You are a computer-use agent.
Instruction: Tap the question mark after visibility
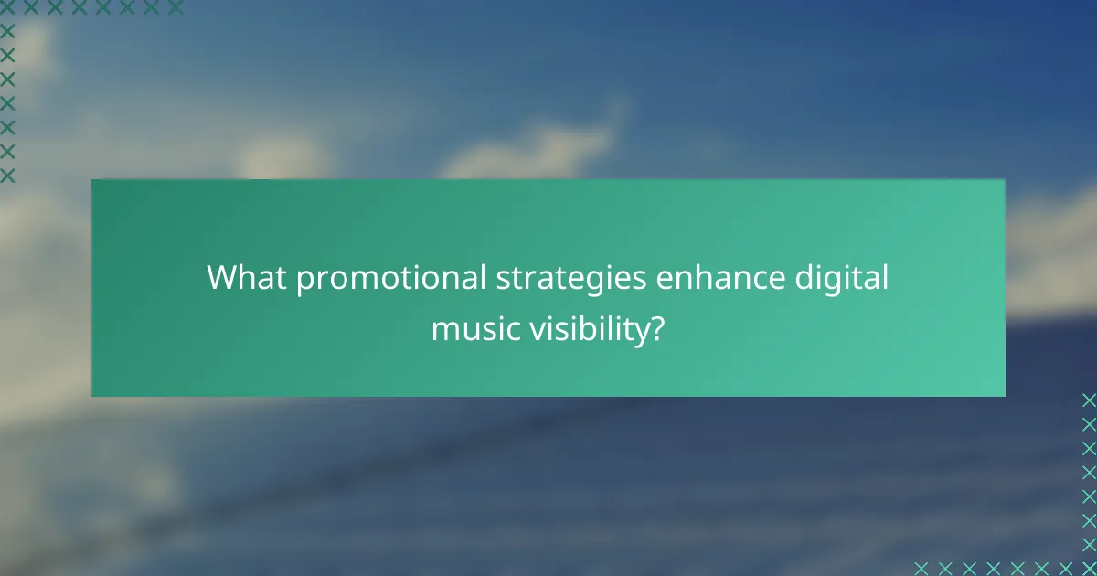(x=656, y=328)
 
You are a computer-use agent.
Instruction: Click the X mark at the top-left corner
(x=7, y=7)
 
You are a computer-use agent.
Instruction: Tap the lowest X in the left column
(x=7, y=174)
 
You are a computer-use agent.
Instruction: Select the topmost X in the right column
(x=1088, y=400)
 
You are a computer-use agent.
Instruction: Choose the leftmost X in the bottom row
(x=921, y=568)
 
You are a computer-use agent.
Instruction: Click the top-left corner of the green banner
(x=92, y=180)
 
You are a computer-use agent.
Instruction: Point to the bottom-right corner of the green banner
(x=1004, y=395)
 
